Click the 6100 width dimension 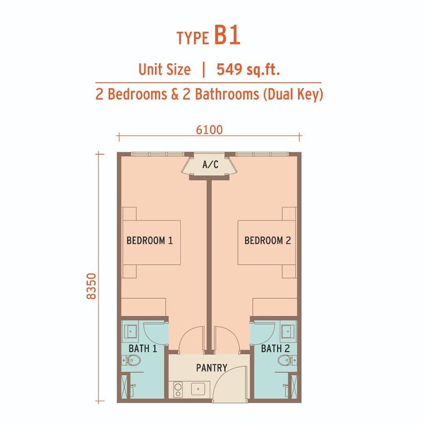pyautogui.click(x=209, y=130)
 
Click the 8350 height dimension pyautogui.click(x=92, y=286)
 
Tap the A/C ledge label pyautogui.click(x=210, y=164)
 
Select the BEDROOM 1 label pyautogui.click(x=149, y=240)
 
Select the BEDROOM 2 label pyautogui.click(x=268, y=240)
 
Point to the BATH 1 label pyautogui.click(x=143, y=349)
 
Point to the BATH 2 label pyautogui.click(x=276, y=349)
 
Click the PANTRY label pyautogui.click(x=212, y=368)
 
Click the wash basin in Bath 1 pyautogui.click(x=130, y=331)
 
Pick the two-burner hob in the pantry pyautogui.click(x=178, y=390)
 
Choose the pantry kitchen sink pyautogui.click(x=198, y=389)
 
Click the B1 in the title pyautogui.click(x=227, y=36)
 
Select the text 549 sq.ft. pyautogui.click(x=248, y=69)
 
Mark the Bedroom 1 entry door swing pyautogui.click(x=191, y=340)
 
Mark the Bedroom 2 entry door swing pyautogui.click(x=227, y=340)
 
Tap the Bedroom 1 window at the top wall pyautogui.click(x=158, y=154)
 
